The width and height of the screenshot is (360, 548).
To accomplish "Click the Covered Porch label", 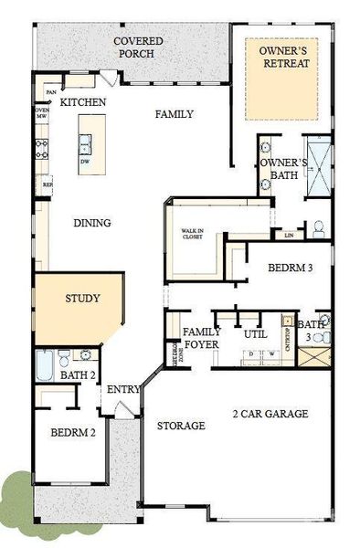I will pyautogui.click(x=138, y=47).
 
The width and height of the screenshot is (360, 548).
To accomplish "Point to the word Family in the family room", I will pyautogui.click(x=174, y=114).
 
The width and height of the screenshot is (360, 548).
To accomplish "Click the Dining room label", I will pyautogui.click(x=92, y=223).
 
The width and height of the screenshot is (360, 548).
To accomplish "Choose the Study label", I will pyautogui.click(x=82, y=299).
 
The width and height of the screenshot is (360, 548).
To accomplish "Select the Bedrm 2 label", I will pyautogui.click(x=73, y=432).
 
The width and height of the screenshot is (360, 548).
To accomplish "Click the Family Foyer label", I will pyautogui.click(x=203, y=338).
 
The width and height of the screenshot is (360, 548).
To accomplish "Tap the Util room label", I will pyautogui.click(x=254, y=334).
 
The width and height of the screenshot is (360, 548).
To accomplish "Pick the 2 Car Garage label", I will pyautogui.click(x=270, y=414).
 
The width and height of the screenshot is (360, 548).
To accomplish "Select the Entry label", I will pyautogui.click(x=122, y=390).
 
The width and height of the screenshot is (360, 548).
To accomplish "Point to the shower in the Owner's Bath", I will pyautogui.click(x=320, y=163).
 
